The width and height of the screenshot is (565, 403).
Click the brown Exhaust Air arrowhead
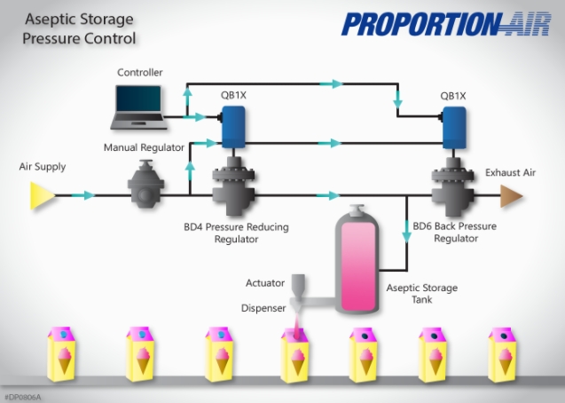513,194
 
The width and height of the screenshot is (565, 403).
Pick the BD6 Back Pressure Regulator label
455,233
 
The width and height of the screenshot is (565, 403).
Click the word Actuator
265,283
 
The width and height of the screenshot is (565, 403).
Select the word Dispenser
263,309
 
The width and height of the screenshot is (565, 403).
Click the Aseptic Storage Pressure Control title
81,29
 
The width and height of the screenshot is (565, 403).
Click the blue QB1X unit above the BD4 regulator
233,126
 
